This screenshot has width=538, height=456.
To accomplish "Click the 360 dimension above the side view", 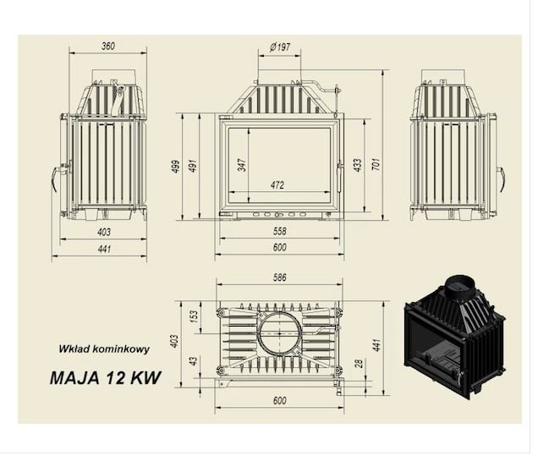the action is click(x=109, y=46).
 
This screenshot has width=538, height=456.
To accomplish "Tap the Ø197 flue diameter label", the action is click(x=280, y=47).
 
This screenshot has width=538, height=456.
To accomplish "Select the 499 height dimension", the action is click(x=176, y=167).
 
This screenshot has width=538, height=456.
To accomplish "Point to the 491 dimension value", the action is click(x=194, y=166).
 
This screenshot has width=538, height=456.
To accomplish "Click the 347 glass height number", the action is click(x=243, y=165).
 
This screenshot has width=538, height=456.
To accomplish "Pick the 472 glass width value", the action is click(x=278, y=185).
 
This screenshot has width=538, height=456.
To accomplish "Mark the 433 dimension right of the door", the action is click(x=358, y=165).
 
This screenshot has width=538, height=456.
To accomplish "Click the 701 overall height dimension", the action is click(x=376, y=165).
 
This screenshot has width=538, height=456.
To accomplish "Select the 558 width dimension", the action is click(x=280, y=231).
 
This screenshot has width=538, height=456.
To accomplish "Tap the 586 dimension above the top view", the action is click(x=280, y=277).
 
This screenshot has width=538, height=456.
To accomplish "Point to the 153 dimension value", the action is click(x=194, y=316).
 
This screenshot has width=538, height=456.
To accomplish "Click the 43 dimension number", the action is click(x=194, y=361).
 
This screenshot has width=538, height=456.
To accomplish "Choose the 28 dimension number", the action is click(x=359, y=364).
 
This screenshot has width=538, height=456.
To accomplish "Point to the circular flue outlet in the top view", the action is click(x=280, y=333).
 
